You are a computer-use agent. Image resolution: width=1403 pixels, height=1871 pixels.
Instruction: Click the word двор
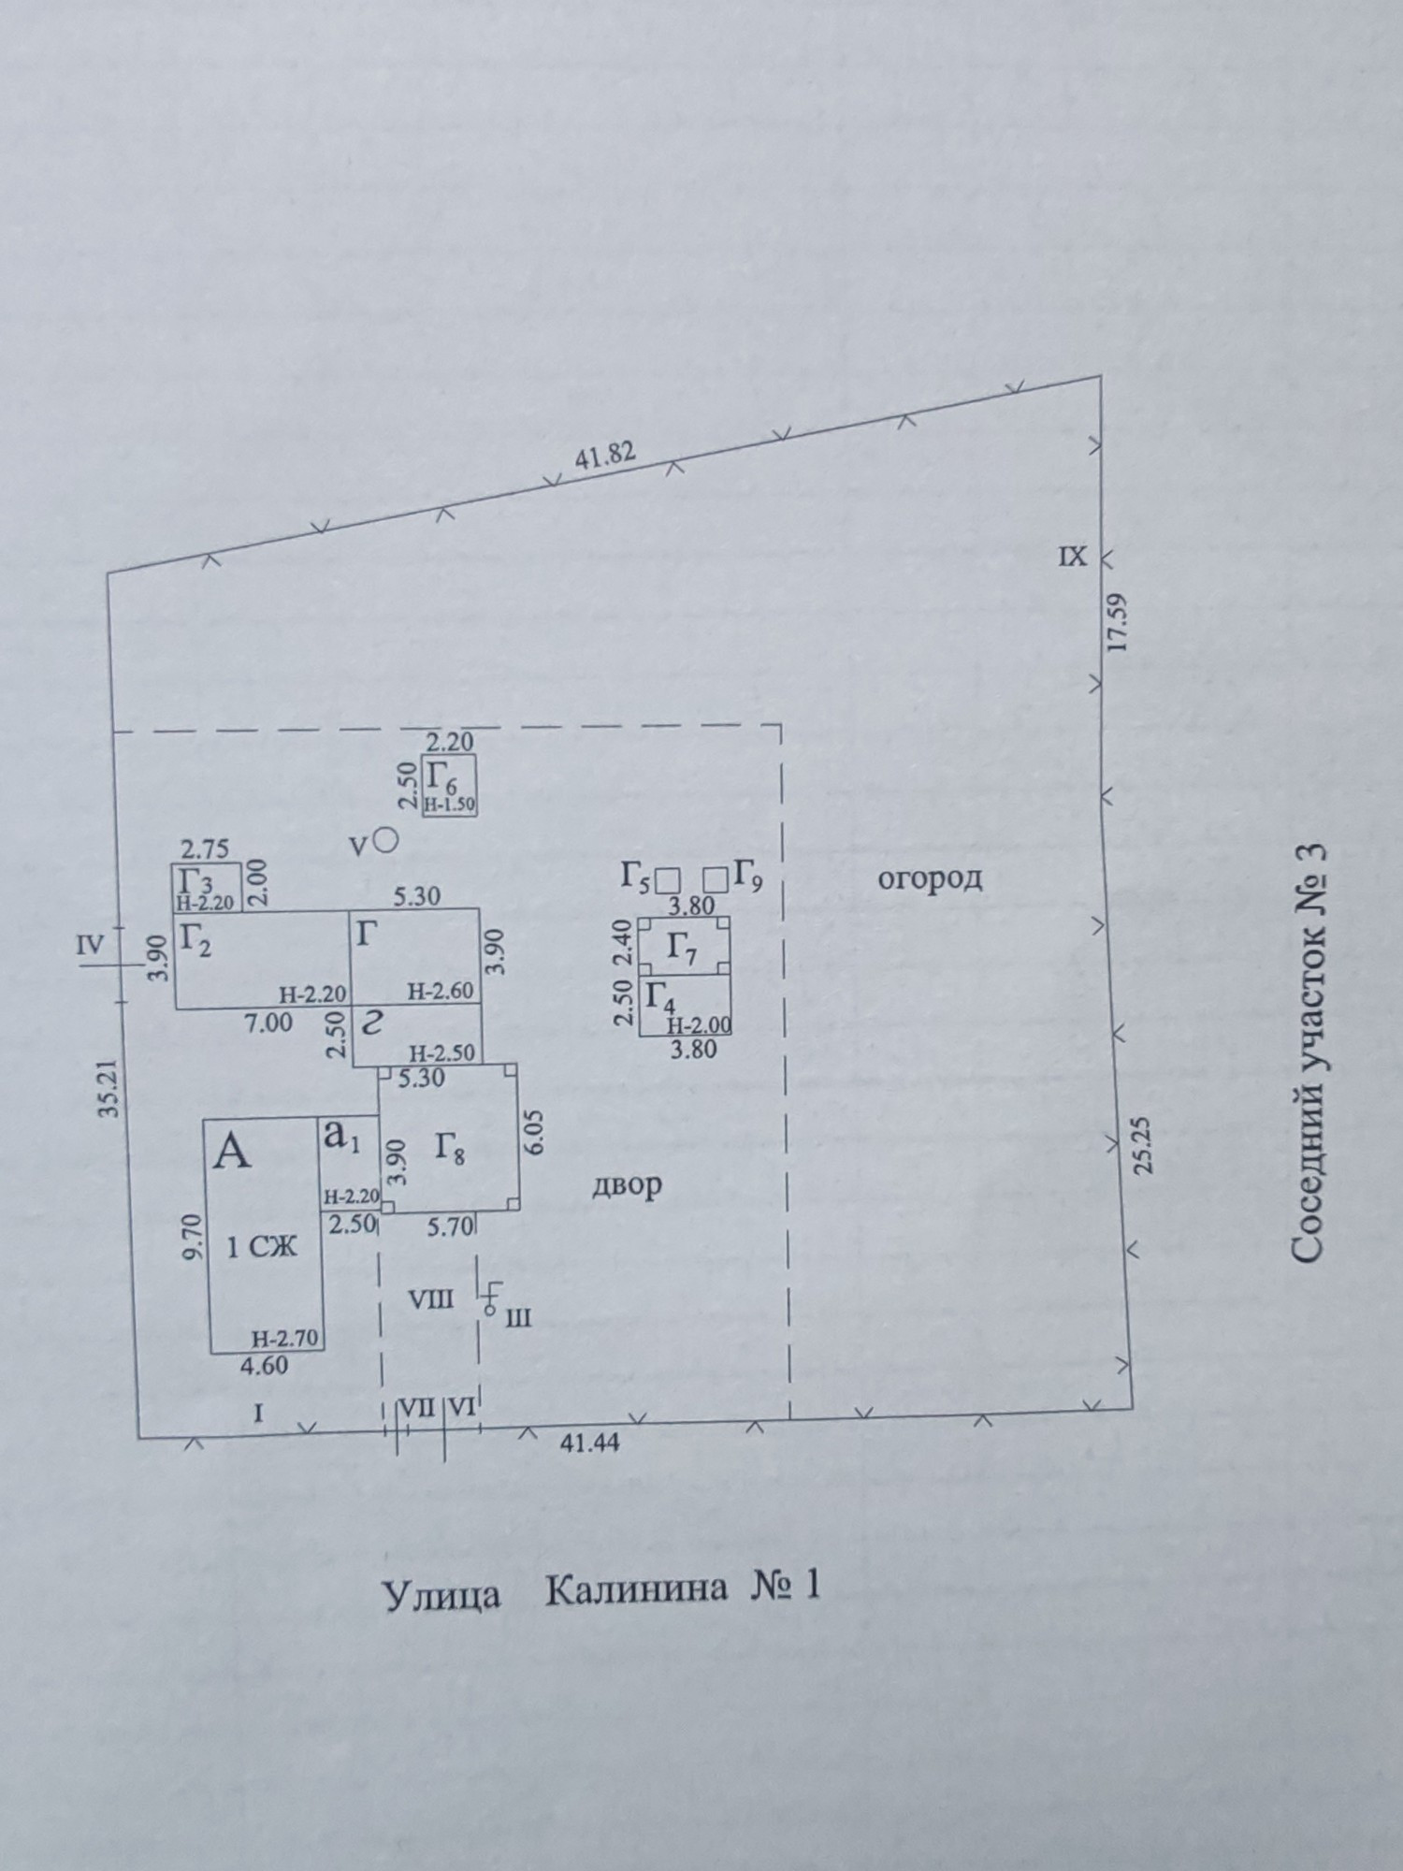click(627, 1185)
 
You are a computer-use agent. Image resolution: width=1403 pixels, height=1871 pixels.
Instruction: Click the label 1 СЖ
click(266, 1246)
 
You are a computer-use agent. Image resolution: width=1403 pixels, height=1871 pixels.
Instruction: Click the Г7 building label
click(684, 948)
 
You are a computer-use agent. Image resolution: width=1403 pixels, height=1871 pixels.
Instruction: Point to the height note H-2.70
click(286, 1339)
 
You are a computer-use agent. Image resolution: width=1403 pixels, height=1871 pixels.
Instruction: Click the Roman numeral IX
click(1073, 557)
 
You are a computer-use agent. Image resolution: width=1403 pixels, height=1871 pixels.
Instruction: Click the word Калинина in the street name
click(635, 1588)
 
